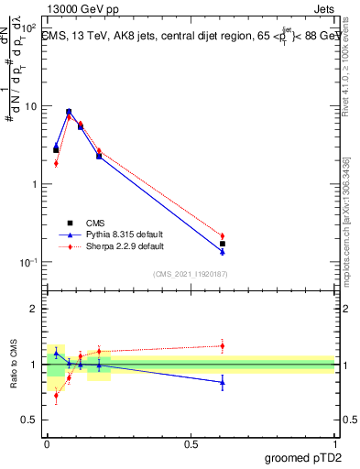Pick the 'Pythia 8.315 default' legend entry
click(115, 234)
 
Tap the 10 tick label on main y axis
click(29, 106)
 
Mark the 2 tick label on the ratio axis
click(34, 309)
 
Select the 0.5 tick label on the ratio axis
click(29, 420)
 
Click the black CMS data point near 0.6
click(222, 245)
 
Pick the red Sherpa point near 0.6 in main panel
click(222, 236)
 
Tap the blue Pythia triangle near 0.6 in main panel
click(222, 251)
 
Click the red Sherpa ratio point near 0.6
click(222, 345)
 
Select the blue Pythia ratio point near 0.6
click(222, 382)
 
